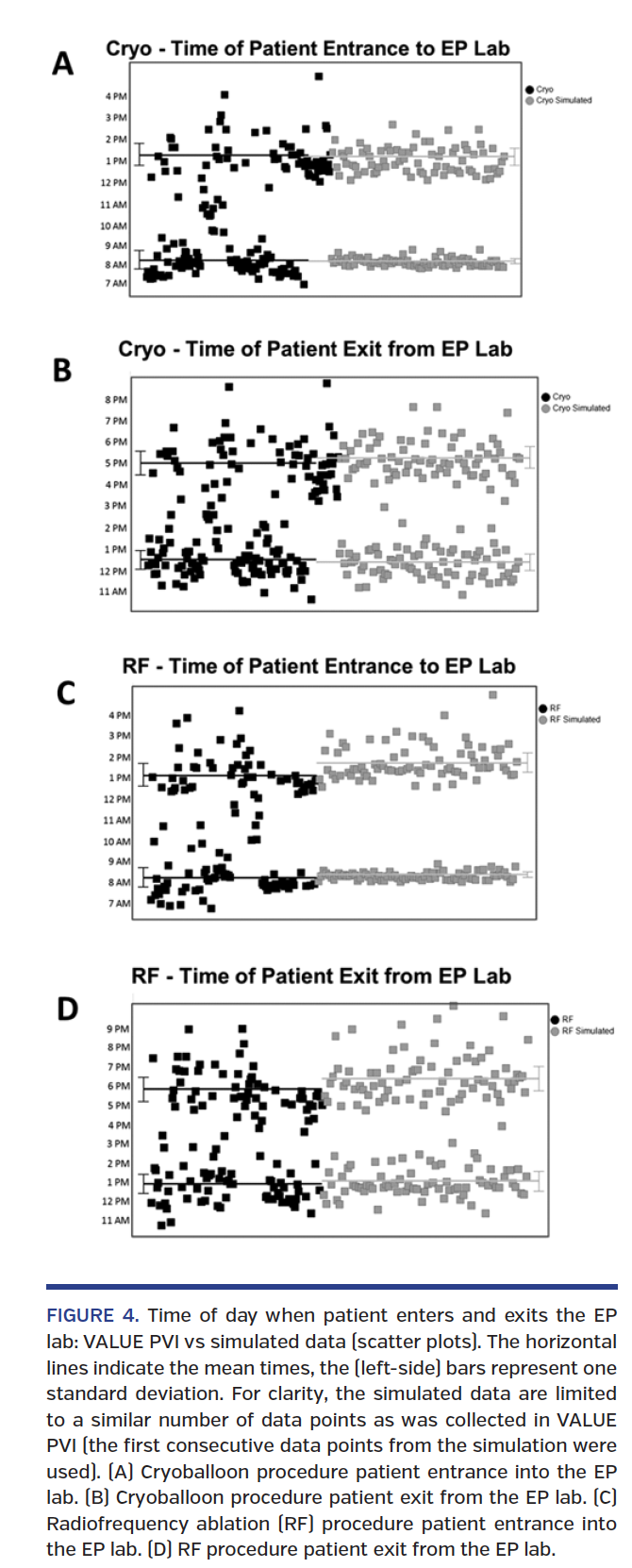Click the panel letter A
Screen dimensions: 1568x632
coord(62,63)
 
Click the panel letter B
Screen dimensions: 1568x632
coord(62,370)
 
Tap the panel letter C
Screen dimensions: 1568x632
coord(65,692)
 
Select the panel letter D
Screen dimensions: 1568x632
coord(67,1009)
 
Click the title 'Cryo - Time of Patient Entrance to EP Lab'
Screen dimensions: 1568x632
coord(308,48)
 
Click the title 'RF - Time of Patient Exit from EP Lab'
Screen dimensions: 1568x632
coord(321,976)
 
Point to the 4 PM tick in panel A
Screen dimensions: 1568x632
coord(116,97)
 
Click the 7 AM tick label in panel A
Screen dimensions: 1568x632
coord(116,283)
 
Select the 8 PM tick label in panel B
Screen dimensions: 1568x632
coord(116,400)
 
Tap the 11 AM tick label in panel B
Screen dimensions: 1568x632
coord(113,592)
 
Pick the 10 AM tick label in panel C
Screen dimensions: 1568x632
coord(117,842)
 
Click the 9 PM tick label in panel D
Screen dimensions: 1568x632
coord(118,1028)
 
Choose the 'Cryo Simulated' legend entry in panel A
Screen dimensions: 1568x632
coord(563,100)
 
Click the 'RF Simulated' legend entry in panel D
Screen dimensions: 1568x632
coord(587,1030)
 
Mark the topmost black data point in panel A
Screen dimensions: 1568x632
coord(319,75)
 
